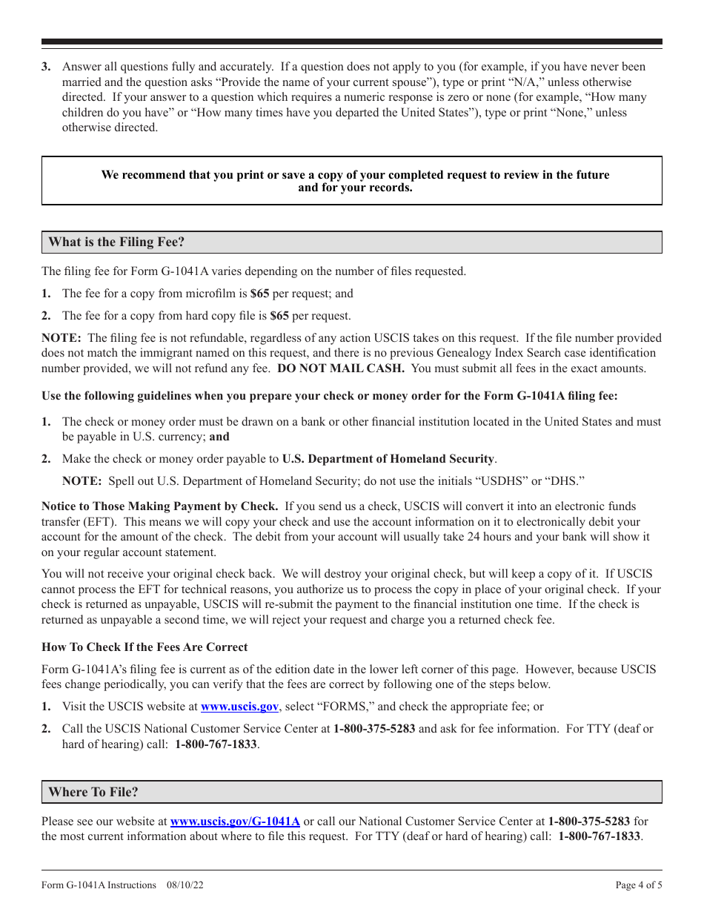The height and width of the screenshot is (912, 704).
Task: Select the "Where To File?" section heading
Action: tap(93, 792)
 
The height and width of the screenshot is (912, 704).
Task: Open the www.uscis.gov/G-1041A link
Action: tap(235, 822)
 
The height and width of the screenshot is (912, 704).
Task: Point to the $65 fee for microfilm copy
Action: tap(259, 294)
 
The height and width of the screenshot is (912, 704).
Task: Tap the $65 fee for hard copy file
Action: tap(279, 316)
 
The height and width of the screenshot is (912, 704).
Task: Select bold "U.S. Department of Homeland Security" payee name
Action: tap(388, 459)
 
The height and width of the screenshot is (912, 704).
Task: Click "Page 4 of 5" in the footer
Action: tap(639, 885)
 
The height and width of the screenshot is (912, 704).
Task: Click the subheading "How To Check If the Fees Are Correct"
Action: tap(145, 647)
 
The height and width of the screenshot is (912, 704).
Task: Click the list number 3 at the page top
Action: tap(46, 67)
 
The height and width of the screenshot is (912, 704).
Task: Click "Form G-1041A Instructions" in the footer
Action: tap(99, 885)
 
